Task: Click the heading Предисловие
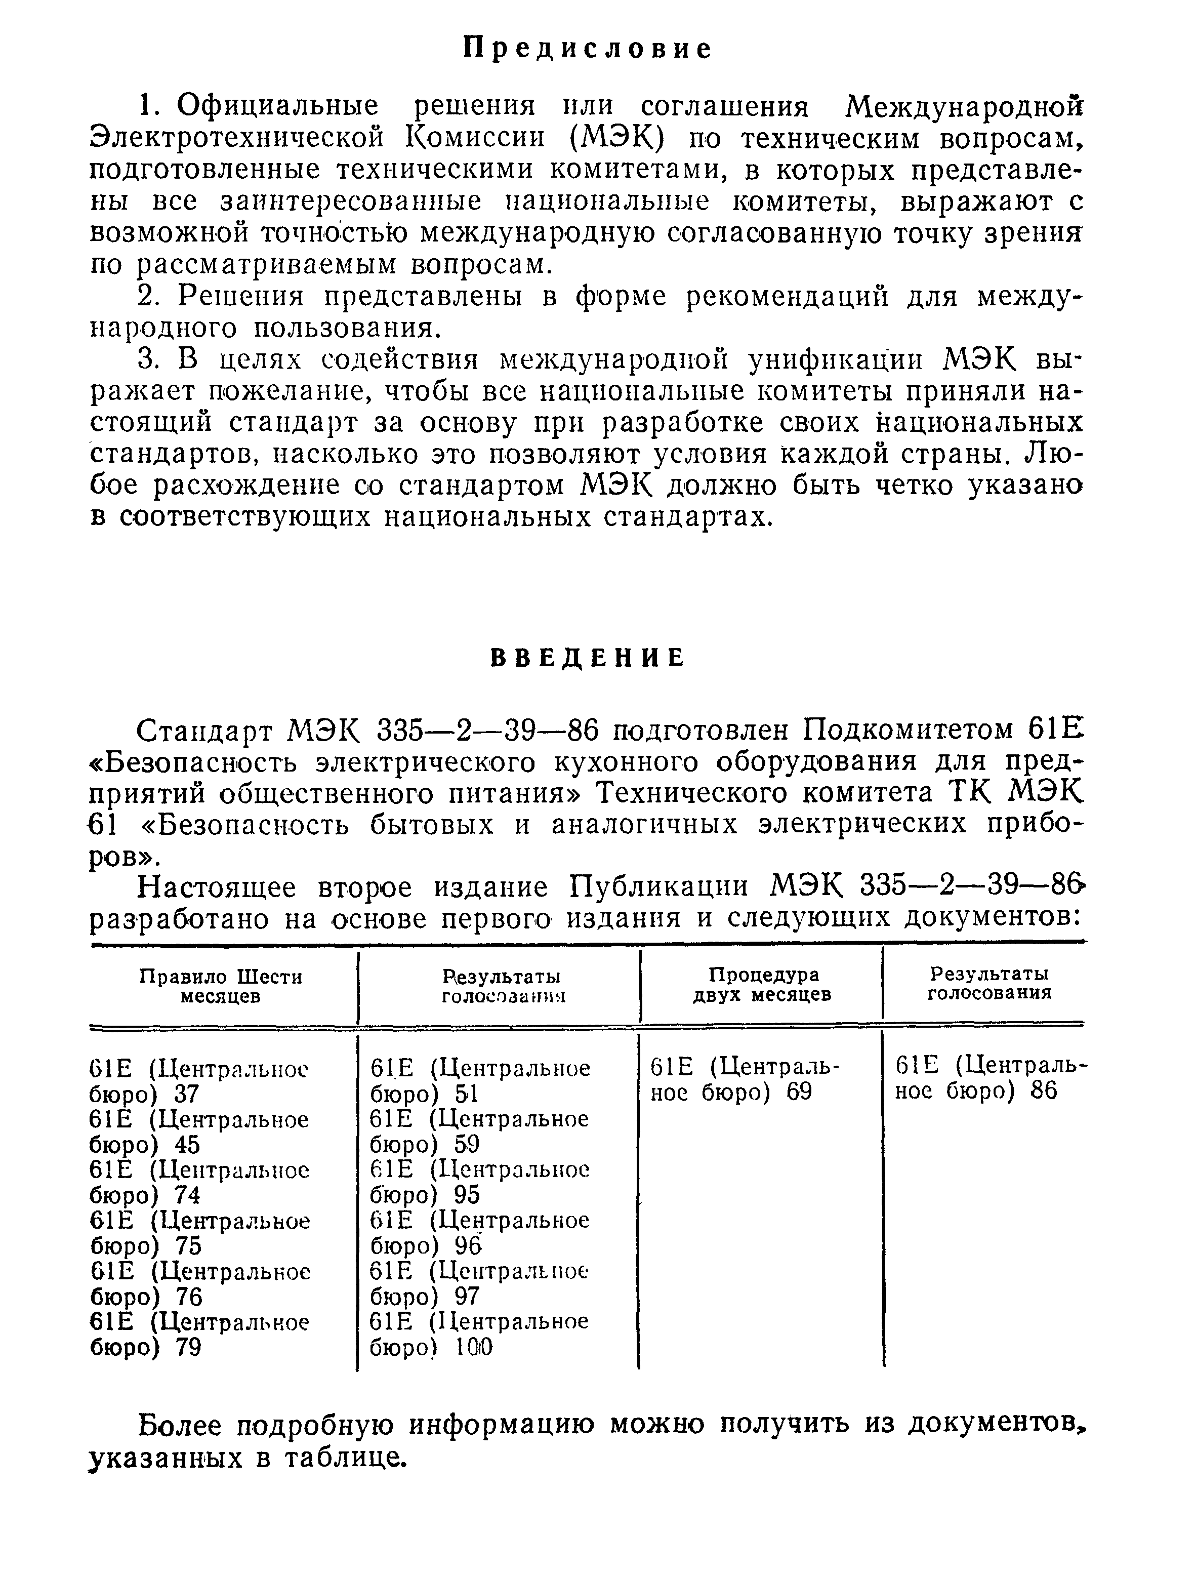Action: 588,49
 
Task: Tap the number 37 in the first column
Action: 187,1094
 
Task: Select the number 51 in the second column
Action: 467,1094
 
